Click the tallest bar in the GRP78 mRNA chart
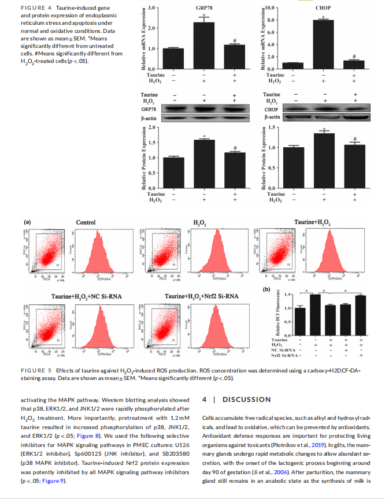coord(203,45)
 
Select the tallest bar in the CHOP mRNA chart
coord(324,44)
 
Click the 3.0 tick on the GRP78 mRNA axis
coord(151,8)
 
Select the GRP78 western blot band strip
coord(203,108)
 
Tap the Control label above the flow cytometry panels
coord(86,222)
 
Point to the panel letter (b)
coord(266,289)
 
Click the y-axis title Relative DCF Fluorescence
coord(279,316)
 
